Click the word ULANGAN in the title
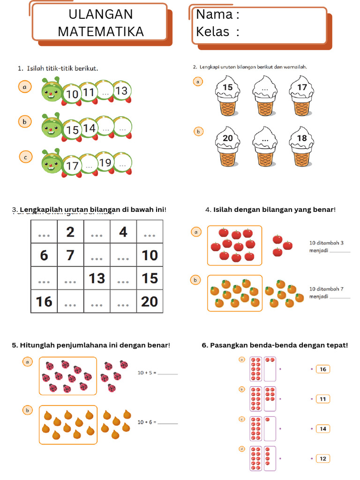coord(101,14)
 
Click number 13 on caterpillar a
coord(121,91)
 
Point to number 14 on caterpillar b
coord(89,128)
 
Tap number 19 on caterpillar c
coord(105,163)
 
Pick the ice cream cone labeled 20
coord(227,150)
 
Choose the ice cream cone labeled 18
coord(302,150)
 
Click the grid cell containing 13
coord(97,278)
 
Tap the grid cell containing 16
coord(44,301)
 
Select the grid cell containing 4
coord(123,232)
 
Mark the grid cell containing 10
coord(150,255)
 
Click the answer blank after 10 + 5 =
coord(168,374)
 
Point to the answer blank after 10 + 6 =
coord(168,423)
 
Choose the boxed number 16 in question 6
coord(323,369)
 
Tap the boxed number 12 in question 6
coord(323,458)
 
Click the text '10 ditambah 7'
coord(327,289)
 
